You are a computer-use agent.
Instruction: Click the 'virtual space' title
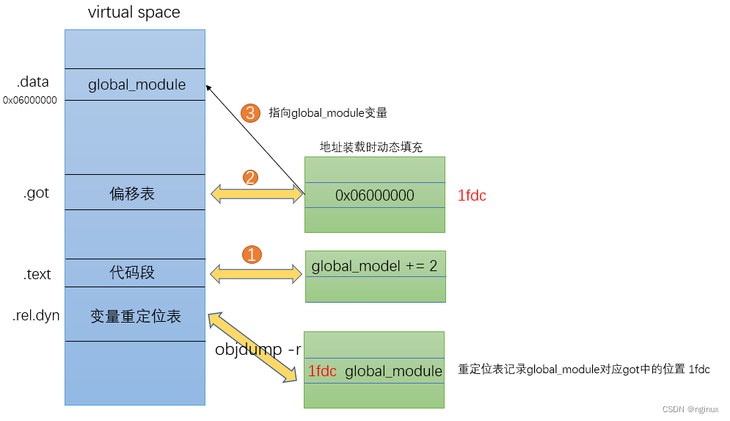tap(134, 12)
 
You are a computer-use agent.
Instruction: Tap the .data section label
tap(32, 82)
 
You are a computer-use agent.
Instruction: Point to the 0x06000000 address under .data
tap(29, 100)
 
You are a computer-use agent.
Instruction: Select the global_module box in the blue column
tap(136, 84)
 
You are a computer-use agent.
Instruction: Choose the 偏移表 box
tap(133, 194)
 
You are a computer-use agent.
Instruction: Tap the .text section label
tap(37, 274)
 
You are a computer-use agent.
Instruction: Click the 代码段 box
tap(133, 273)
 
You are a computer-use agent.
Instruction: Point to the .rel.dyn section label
tap(36, 317)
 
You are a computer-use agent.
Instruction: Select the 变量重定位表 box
tap(135, 316)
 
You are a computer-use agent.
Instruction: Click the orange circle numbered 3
tap(251, 113)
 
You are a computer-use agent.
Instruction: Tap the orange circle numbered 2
tap(251, 177)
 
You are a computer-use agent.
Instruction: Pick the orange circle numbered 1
tap(251, 255)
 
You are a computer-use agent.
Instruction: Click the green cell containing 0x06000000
tap(374, 195)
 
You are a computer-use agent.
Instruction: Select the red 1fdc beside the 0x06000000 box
tap(472, 195)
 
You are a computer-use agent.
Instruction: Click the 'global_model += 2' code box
tap(374, 265)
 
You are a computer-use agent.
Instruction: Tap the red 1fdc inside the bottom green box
tap(322, 371)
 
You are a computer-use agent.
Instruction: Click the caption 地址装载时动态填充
tap(371, 147)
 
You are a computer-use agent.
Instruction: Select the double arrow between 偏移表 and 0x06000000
tap(257, 194)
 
